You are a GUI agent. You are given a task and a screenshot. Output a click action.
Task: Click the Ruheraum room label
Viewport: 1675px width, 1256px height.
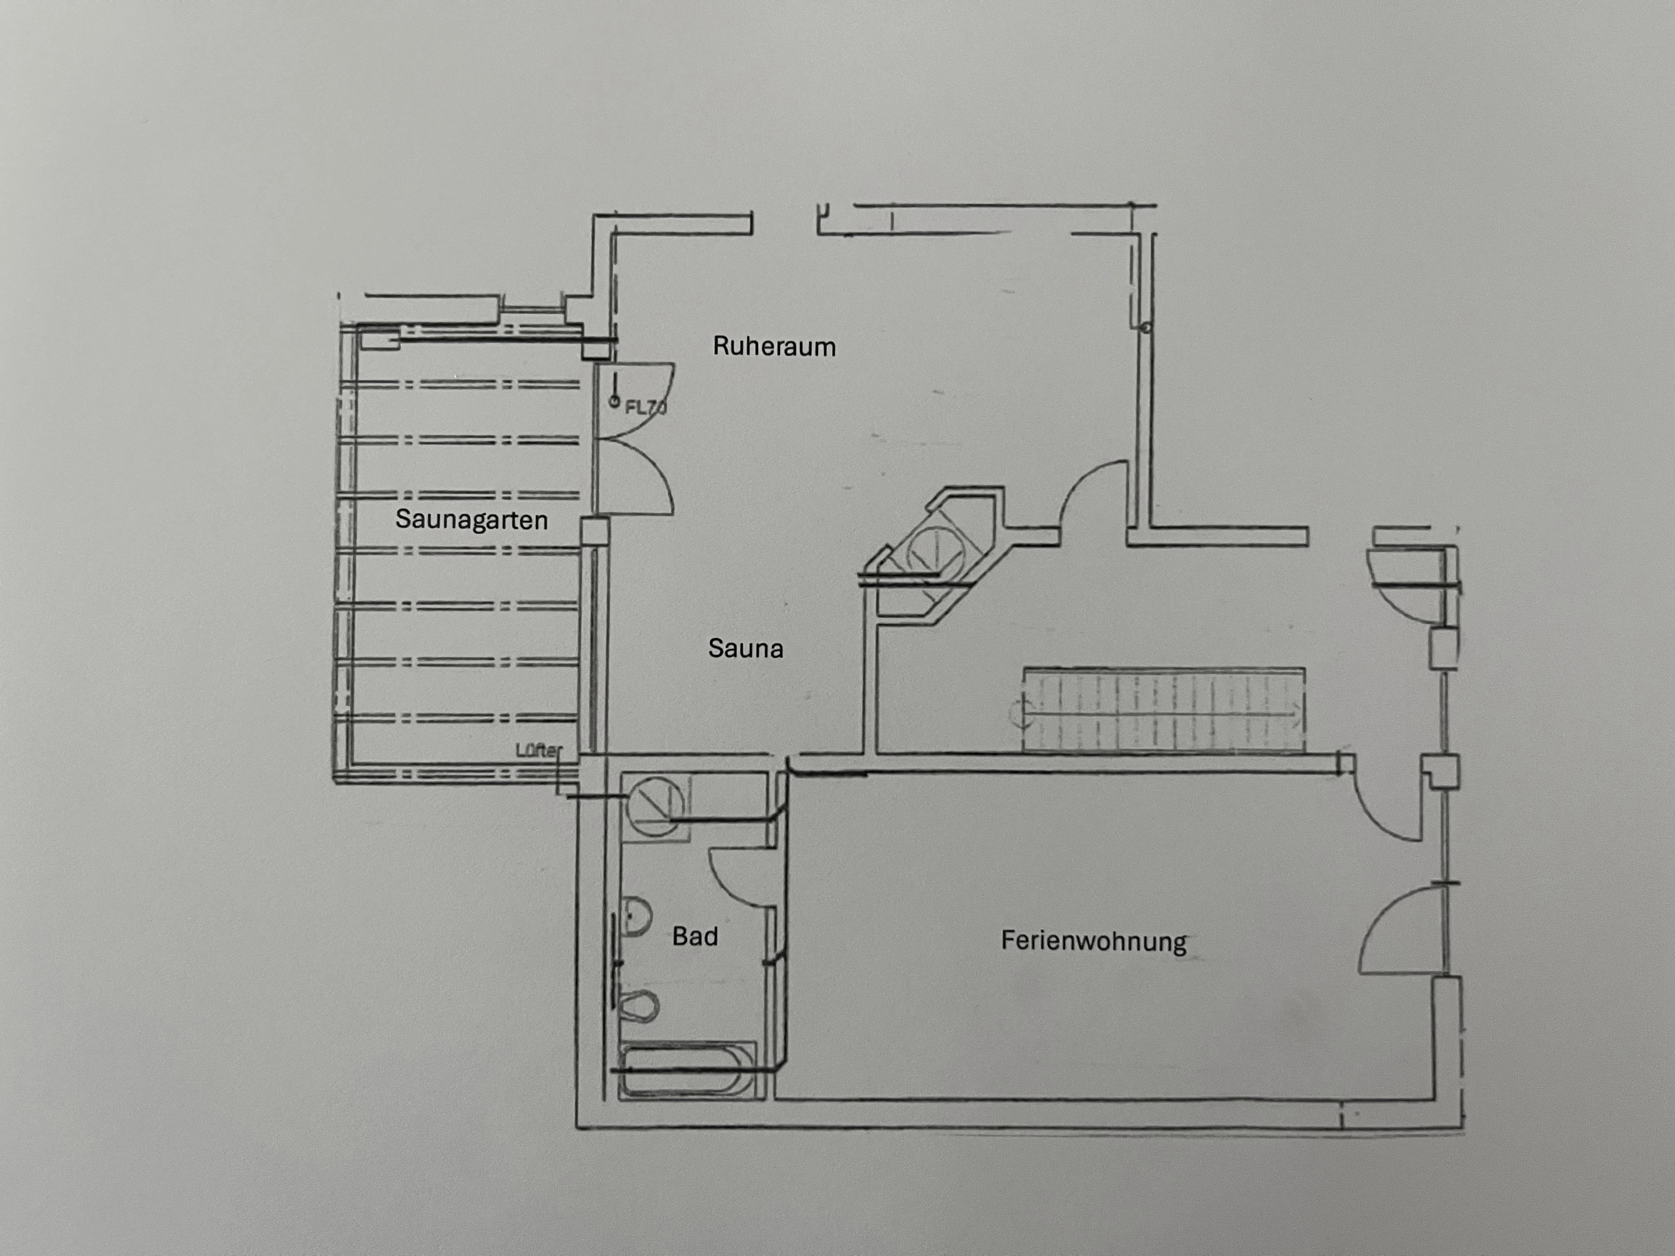[x=774, y=347]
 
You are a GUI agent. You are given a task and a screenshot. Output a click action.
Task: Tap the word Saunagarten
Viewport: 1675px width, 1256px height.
[x=471, y=520]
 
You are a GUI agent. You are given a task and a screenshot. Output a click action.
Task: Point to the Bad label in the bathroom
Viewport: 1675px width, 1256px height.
[x=694, y=937]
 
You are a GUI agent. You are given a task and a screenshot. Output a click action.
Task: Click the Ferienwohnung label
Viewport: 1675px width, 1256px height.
[x=1093, y=941]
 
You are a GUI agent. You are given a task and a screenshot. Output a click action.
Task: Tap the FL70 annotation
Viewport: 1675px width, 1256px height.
[x=645, y=407]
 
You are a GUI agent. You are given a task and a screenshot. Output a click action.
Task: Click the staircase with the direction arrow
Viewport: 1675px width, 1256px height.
[x=1163, y=710]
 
